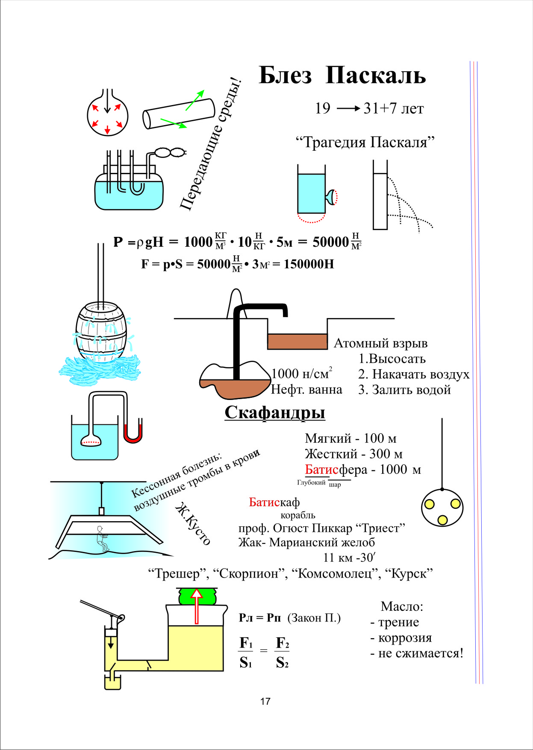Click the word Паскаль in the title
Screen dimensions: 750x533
tap(375, 76)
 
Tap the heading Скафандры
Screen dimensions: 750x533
tap(275, 412)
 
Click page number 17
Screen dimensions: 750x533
tap(265, 701)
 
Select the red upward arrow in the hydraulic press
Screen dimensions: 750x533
tap(196, 606)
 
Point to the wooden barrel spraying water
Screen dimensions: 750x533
tap(101, 333)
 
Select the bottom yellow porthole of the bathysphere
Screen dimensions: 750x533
tap(442, 519)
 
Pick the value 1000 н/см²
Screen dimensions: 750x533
tap(301, 374)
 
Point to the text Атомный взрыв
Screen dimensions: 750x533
tap(380, 343)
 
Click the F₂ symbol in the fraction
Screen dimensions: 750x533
tap(282, 643)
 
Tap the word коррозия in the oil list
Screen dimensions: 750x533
tap(405, 638)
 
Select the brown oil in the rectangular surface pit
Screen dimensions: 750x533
tap(297, 341)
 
